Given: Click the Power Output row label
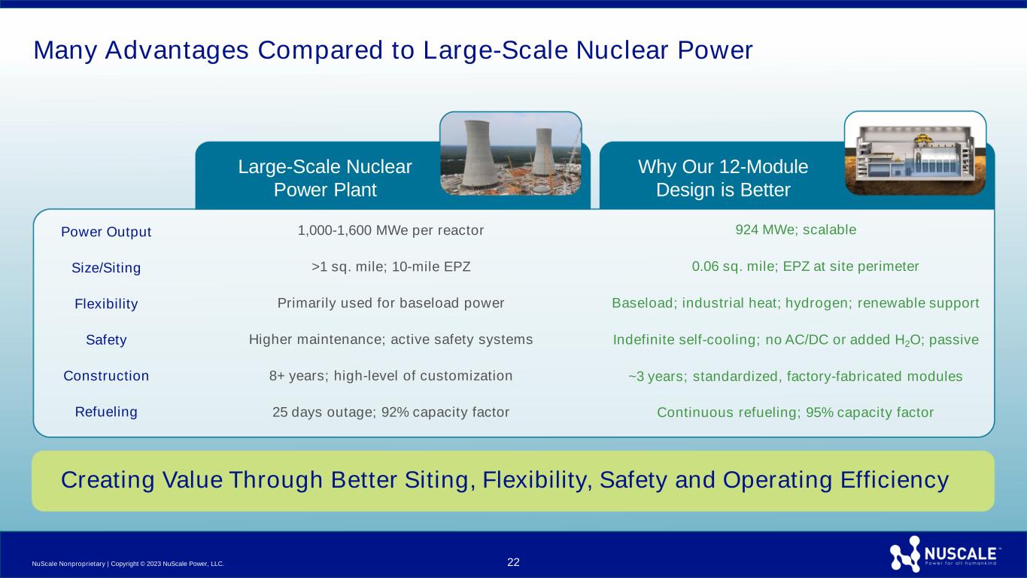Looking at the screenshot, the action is (106, 232).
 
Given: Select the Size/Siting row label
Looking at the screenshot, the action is (106, 267).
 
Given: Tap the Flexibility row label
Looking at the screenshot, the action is (106, 304).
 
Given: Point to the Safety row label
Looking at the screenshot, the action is (106, 339).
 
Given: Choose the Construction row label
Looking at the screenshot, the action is (106, 376).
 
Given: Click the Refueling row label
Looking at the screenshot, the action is (106, 412).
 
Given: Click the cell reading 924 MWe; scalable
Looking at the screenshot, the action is (795, 230).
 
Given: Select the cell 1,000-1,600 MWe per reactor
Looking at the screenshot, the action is (390, 230).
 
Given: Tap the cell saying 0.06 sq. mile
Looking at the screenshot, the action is (805, 266).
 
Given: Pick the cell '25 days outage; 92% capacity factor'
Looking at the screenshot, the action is (390, 412).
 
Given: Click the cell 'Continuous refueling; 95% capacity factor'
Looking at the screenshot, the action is (795, 412).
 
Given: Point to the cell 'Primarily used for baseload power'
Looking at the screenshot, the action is (390, 303).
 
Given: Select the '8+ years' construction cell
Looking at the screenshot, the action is (390, 376).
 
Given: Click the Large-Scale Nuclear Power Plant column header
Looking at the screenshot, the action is (324, 178).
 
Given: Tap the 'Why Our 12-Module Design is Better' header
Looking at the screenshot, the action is (723, 178).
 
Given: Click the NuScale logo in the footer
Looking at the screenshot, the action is (944, 554).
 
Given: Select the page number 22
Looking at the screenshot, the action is (513, 562).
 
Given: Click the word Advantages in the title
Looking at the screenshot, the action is (177, 50).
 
